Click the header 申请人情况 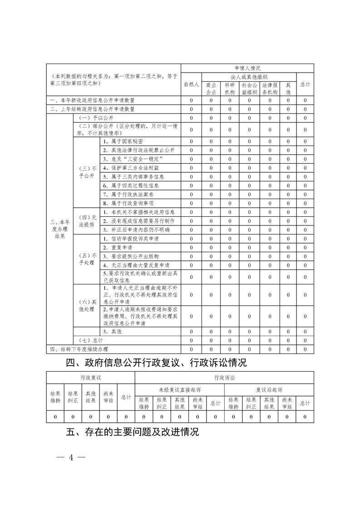tap(247, 68)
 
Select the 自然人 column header tap(191, 84)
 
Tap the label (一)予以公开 tap(90, 118)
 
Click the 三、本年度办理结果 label tap(60, 229)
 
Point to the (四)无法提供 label tap(87, 221)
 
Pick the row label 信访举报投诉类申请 tap(132, 239)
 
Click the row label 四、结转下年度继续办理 tap(79, 349)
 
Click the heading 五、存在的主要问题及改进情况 tap(133, 432)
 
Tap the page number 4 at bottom tap(70, 457)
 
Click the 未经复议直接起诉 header tap(180, 390)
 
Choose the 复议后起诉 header tap(269, 390)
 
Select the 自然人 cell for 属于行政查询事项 tap(191, 203)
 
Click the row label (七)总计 tap(91, 340)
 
